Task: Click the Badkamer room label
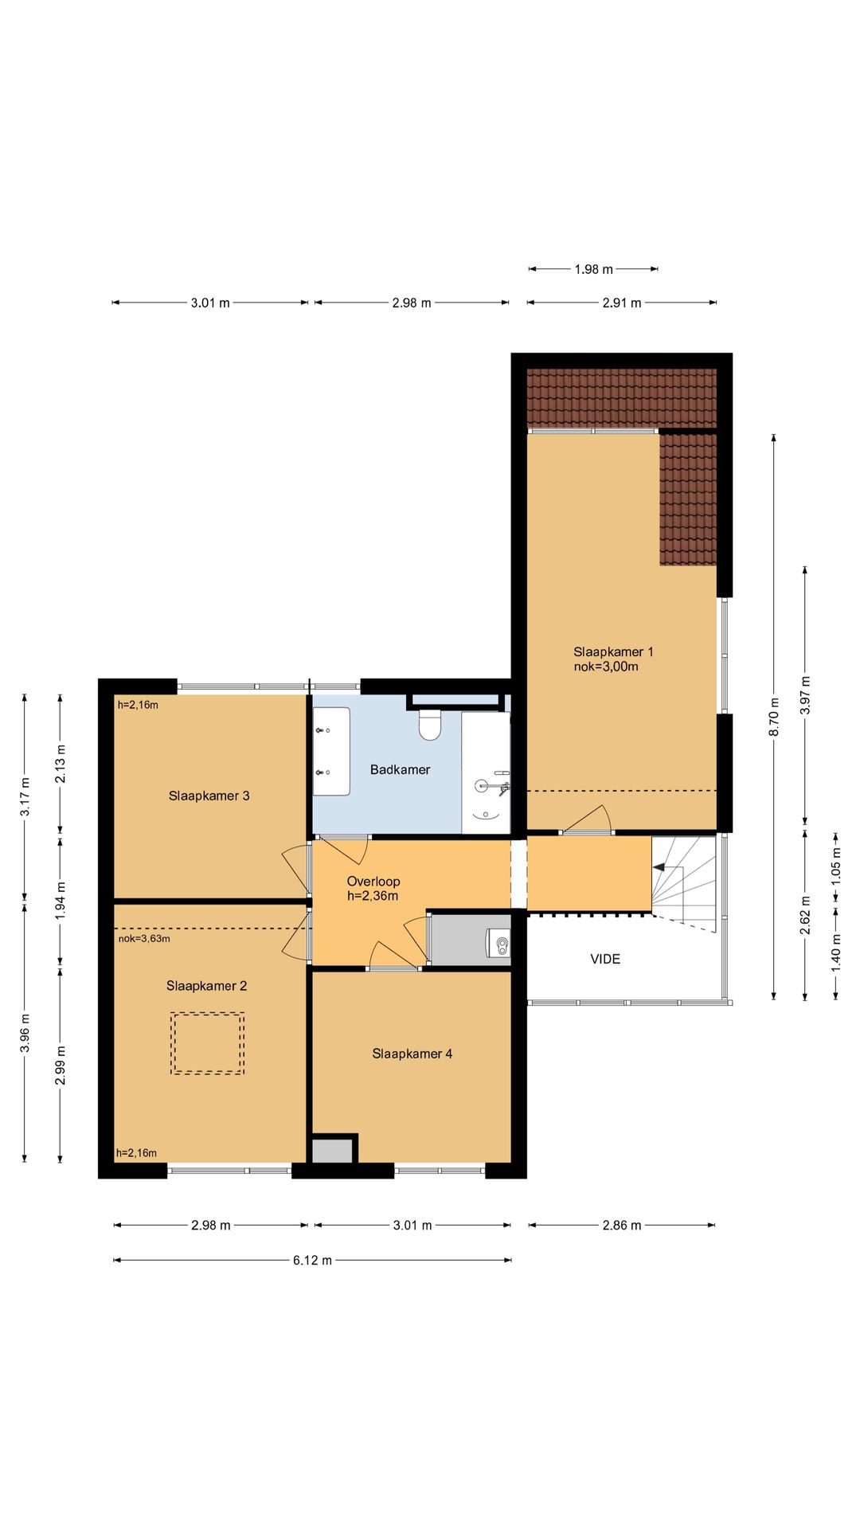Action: (x=400, y=769)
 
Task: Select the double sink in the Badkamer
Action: (x=331, y=751)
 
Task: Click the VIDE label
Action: (x=605, y=959)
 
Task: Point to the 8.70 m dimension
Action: (x=774, y=717)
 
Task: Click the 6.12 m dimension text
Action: (x=312, y=1260)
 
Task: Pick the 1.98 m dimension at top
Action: (x=594, y=269)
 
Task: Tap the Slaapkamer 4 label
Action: (x=412, y=1054)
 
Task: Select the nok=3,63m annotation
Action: (x=144, y=938)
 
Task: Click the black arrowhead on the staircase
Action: (x=659, y=866)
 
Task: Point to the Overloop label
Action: (x=373, y=881)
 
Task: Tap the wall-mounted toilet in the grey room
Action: (x=498, y=944)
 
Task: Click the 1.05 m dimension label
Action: (x=836, y=860)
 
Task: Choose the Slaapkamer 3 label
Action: (x=209, y=796)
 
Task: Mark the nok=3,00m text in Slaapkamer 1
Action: (x=606, y=667)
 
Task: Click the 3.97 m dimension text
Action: (x=805, y=695)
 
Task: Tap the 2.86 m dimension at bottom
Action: (x=622, y=1225)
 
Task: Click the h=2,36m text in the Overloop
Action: (x=373, y=896)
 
